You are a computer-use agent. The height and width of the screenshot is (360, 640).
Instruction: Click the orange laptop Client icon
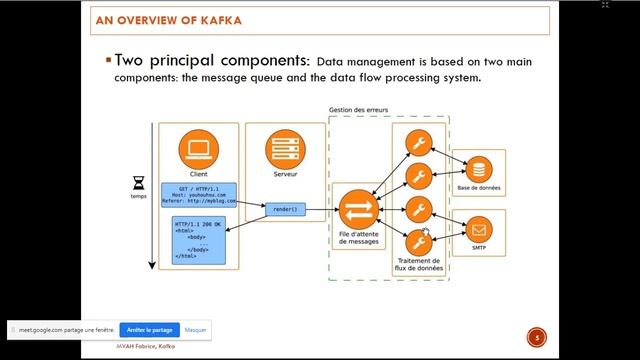[x=199, y=150]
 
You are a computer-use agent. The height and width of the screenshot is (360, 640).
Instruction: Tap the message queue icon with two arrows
[x=356, y=210]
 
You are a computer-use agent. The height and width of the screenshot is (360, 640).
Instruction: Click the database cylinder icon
[x=480, y=168]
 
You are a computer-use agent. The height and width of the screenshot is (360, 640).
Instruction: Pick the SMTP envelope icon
[x=480, y=228]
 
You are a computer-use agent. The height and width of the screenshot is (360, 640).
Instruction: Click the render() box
[x=282, y=210]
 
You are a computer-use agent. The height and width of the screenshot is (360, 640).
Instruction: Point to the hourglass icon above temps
[x=139, y=184]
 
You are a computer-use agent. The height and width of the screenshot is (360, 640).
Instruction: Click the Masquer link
[x=195, y=329]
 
